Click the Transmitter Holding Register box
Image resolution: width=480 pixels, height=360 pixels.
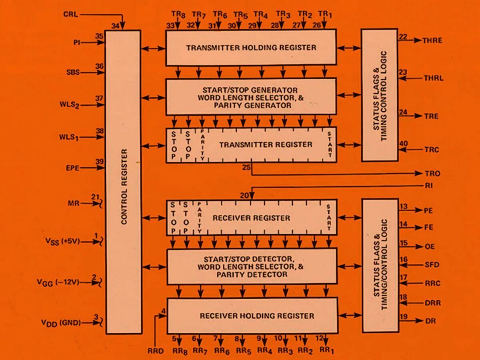[251, 48]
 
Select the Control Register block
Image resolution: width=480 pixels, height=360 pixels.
[123, 182]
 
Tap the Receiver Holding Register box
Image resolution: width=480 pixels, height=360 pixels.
[252, 316]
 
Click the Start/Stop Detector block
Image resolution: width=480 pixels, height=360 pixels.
[252, 266]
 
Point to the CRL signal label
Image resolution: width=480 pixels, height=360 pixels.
[71, 15]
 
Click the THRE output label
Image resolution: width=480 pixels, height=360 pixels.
[432, 40]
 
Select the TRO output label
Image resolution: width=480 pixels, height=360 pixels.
[432, 174]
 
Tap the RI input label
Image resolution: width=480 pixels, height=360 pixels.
[429, 186]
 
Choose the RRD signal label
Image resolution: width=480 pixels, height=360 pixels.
[156, 351]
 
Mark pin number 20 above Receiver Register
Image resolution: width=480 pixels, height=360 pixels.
[244, 196]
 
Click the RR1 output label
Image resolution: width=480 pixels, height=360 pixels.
[326, 351]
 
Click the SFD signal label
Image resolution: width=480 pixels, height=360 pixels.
[432, 265]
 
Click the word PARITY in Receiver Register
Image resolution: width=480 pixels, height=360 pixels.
[199, 218]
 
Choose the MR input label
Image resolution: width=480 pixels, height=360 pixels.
[74, 204]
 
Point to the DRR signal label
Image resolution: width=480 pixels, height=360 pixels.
[433, 303]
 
